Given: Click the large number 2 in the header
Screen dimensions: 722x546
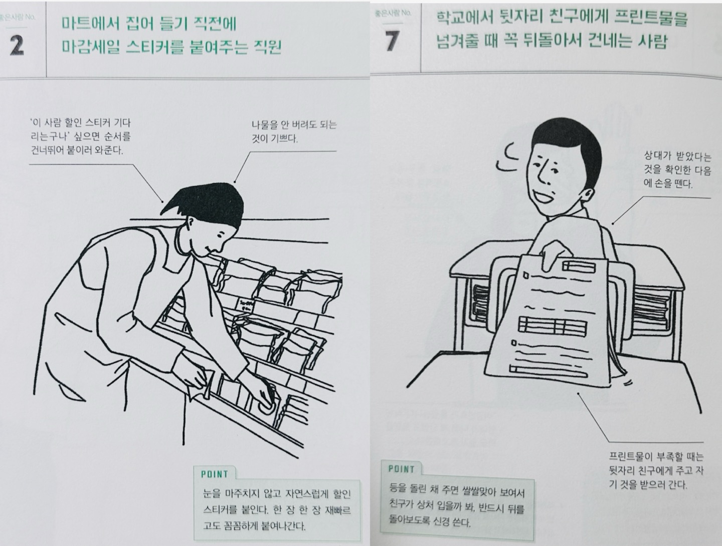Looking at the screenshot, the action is [x=17, y=46].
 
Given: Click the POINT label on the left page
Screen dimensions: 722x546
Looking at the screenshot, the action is [x=215, y=474].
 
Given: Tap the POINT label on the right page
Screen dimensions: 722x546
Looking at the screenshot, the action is [x=401, y=469].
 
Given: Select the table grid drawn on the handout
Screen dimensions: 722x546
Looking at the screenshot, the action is [x=553, y=326].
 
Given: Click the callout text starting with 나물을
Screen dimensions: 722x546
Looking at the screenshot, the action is [x=294, y=131].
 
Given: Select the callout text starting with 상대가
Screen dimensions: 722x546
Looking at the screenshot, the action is [x=677, y=170].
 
